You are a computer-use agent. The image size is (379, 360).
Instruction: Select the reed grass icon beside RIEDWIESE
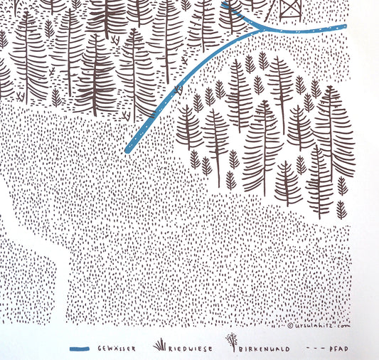tap(160, 346)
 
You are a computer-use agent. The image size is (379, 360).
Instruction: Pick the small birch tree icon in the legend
tap(230, 344)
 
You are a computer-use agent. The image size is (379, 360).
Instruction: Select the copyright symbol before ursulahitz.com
tap(292, 326)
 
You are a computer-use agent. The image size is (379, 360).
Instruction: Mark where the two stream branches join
tap(257, 28)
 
